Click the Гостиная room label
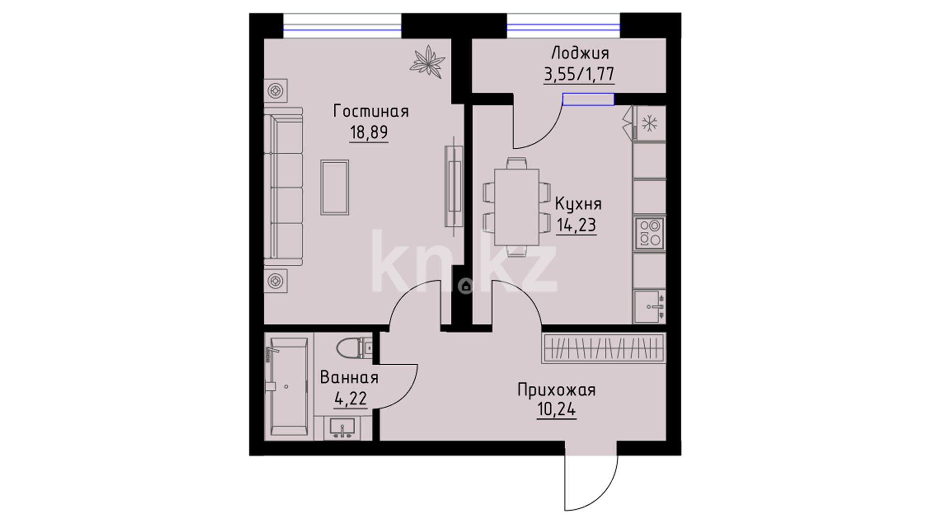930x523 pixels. pos(371,111)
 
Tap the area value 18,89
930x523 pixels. pos(369,132)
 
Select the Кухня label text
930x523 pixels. pos(578,204)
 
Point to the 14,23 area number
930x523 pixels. pos(576,225)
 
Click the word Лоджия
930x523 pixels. pos(580,53)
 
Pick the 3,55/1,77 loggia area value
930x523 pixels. pos(579,74)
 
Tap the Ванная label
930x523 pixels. pos(349,377)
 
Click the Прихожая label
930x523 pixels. pos(557,390)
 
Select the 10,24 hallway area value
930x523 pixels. pos(557,410)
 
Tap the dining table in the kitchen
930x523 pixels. pos(517,207)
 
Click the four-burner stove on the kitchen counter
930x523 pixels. pos(650,233)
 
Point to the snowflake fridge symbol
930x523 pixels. pos(649,123)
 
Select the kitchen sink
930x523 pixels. pos(649,307)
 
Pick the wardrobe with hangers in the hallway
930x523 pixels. pos(604,348)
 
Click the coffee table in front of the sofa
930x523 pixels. pos(335,187)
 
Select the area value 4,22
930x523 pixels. pos(350,399)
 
